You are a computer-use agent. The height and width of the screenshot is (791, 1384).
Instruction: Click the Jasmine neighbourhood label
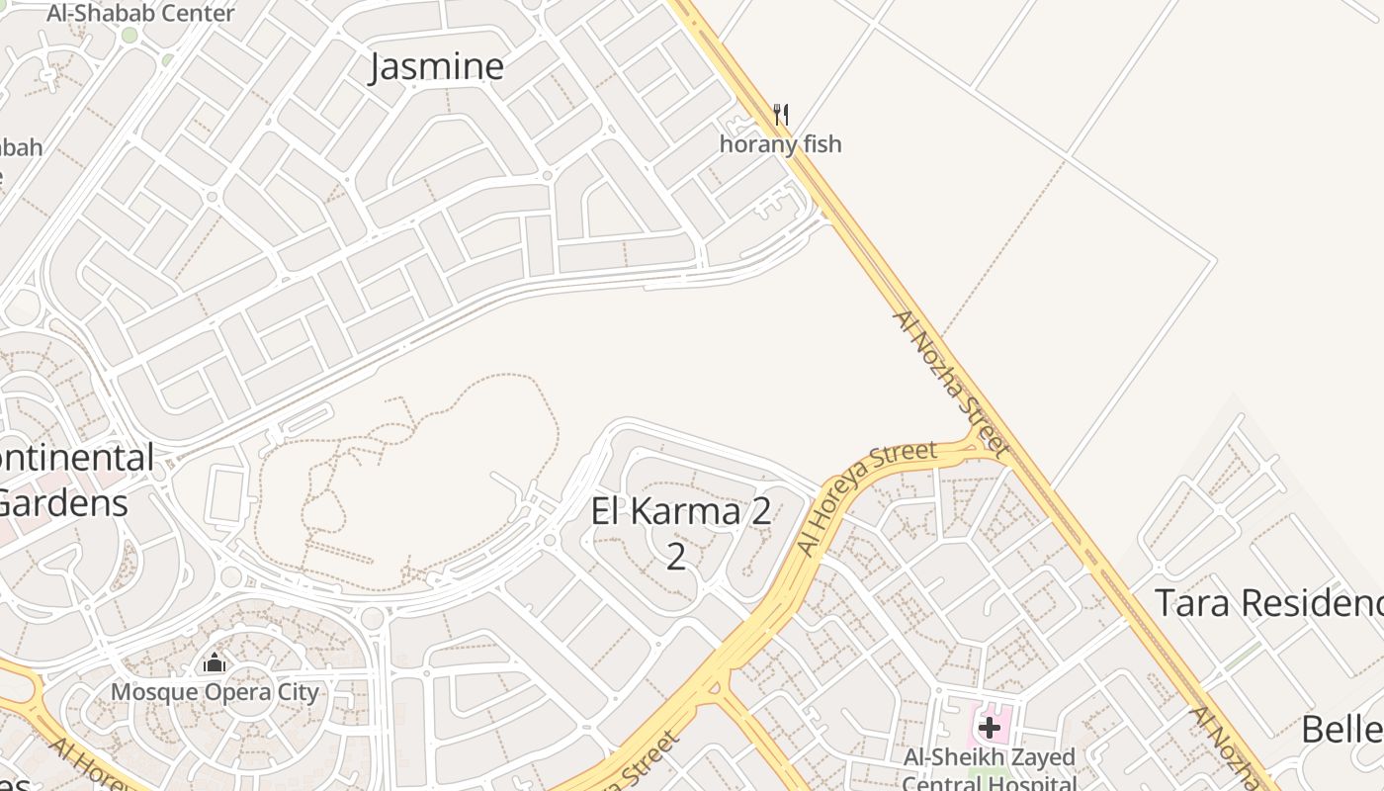[436, 66]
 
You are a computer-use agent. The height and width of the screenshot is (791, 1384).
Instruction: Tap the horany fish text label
[780, 144]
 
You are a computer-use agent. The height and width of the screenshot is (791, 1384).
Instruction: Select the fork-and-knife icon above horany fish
[781, 115]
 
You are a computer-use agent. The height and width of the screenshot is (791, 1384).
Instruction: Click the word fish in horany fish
[821, 144]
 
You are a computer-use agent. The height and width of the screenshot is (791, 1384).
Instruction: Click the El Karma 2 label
[681, 512]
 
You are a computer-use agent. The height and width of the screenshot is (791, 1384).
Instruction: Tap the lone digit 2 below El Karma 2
[675, 557]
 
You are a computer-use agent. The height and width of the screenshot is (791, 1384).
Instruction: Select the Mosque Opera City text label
[215, 692]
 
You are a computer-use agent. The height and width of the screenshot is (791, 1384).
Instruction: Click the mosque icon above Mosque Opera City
[215, 663]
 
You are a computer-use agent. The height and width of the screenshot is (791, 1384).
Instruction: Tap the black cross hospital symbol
[989, 729]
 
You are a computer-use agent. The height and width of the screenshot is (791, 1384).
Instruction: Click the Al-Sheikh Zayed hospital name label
[990, 758]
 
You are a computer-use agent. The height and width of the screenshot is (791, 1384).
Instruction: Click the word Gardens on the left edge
[63, 503]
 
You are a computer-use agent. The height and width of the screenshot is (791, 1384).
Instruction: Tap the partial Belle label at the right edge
[1341, 730]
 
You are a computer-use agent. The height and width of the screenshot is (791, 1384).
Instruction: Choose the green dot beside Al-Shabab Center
[130, 36]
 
